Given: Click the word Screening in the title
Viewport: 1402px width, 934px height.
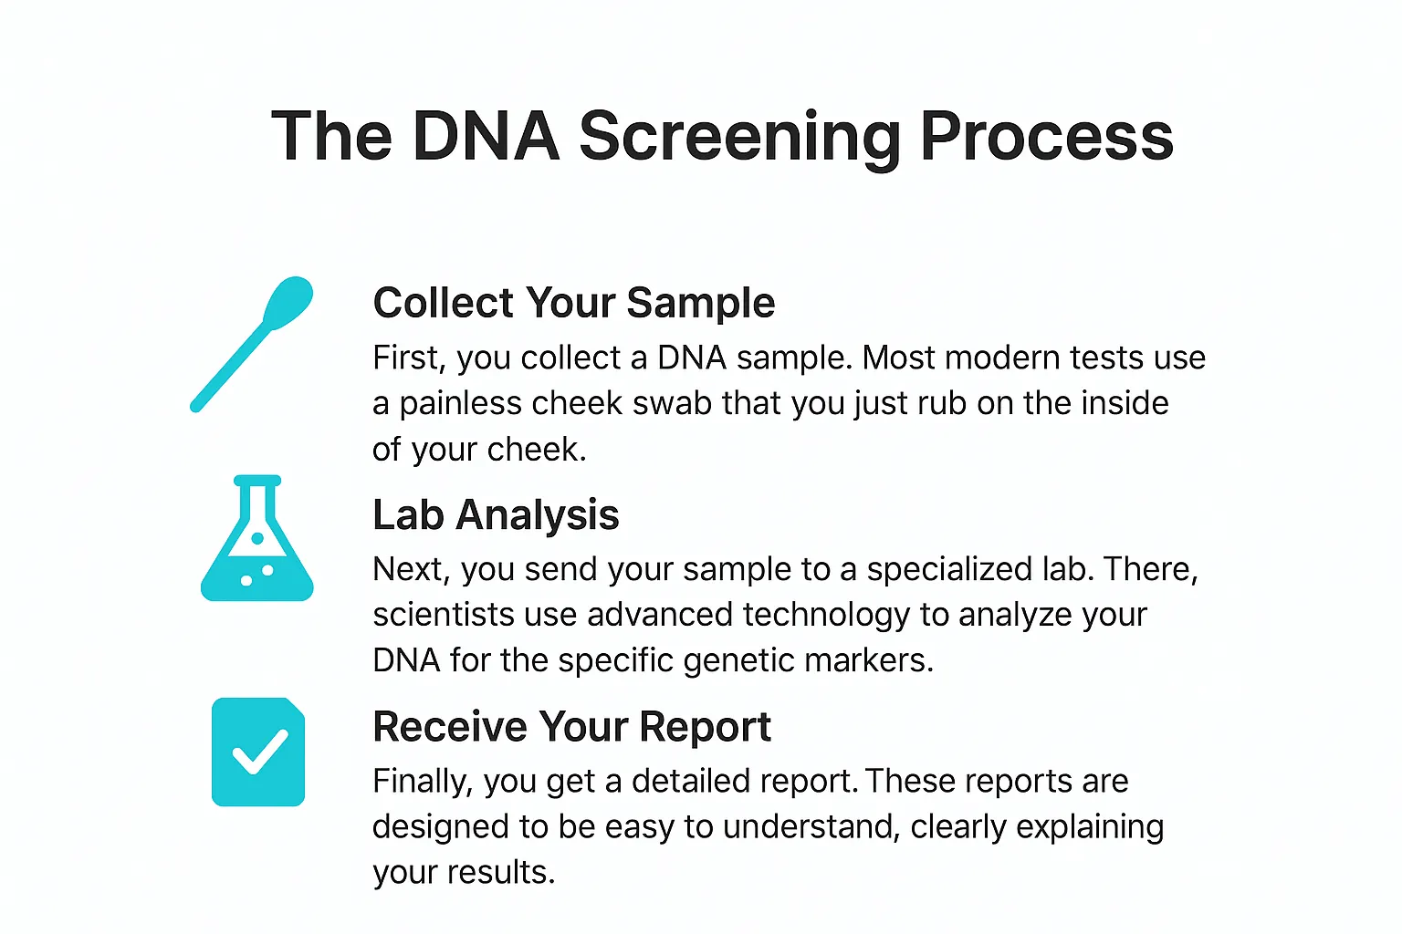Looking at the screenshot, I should pos(740,137).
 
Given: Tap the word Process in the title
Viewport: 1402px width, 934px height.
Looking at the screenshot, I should pos(1046,137).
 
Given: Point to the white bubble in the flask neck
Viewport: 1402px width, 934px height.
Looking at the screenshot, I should pos(257,538).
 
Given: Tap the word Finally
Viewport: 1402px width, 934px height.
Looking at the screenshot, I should pos(422,782).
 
